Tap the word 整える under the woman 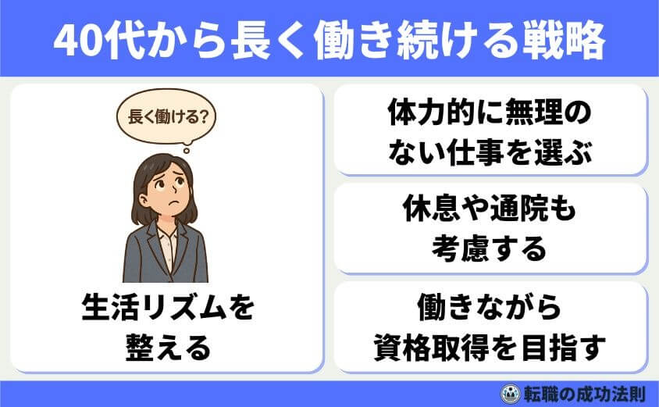(x=168, y=347)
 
